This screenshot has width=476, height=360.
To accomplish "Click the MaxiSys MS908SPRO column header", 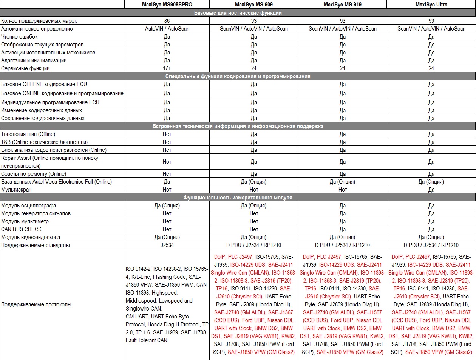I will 167,5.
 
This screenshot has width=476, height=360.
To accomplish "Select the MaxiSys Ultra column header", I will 431,5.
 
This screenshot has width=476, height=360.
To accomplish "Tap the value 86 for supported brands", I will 167,21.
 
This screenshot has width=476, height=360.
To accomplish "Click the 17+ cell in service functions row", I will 167,68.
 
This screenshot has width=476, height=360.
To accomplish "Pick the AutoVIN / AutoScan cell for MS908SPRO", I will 167,29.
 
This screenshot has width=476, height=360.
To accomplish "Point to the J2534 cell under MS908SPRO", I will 167,245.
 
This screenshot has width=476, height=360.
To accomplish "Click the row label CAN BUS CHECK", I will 22,229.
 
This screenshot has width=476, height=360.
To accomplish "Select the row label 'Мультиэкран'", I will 16,190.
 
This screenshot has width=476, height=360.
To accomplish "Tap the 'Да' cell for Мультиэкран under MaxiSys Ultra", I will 431,190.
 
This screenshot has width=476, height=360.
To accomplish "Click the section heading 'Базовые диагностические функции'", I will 238,13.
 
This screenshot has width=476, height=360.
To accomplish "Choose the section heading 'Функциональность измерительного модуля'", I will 238,198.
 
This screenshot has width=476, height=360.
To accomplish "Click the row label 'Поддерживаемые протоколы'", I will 36,304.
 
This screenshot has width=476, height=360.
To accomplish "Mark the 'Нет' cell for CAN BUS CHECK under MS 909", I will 253,229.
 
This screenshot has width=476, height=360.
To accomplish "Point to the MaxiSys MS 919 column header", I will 342,5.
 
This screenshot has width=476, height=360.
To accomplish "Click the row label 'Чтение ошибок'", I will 19,37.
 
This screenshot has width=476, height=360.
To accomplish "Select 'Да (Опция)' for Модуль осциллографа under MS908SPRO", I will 167,205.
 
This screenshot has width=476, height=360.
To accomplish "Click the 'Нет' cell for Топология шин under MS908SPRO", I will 167,134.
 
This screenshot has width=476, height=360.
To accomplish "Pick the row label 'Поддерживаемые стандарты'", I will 36,245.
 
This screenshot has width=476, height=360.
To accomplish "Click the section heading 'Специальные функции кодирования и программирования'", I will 238,76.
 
